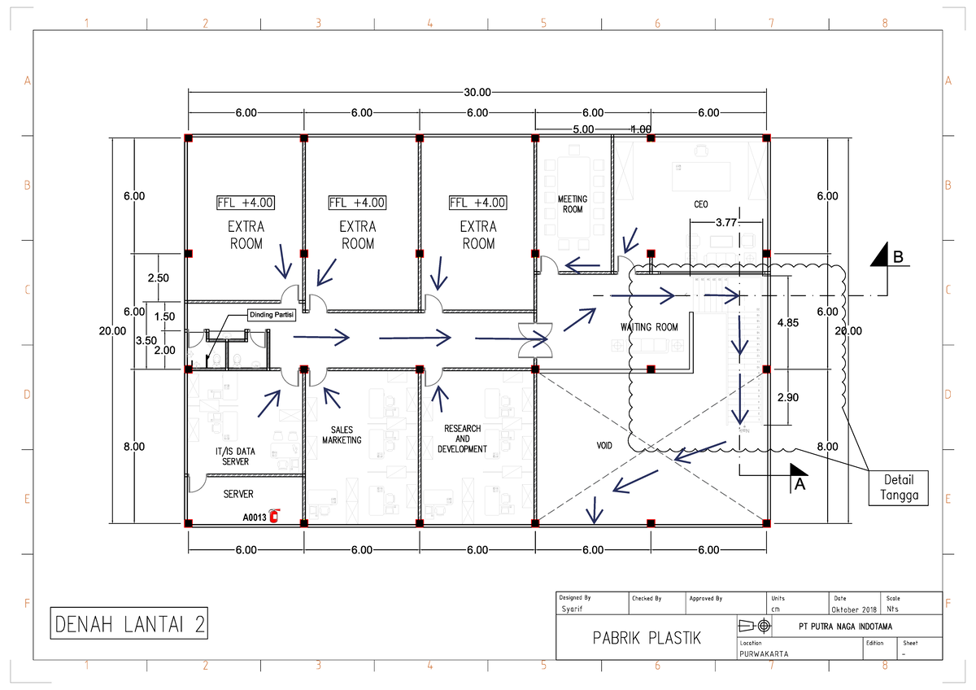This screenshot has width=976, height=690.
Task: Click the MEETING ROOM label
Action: point(573,204)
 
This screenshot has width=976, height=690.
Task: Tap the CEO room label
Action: point(700,204)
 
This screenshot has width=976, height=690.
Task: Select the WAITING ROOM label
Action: point(649,327)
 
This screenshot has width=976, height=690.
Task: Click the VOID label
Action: point(604,446)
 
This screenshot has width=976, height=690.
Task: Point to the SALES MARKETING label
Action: point(342,435)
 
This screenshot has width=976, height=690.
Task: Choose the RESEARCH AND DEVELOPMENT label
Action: point(462,439)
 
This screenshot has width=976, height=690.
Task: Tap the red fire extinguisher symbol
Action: point(273,515)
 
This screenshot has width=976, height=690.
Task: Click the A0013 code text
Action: point(254,517)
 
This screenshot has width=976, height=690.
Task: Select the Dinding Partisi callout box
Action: point(272,316)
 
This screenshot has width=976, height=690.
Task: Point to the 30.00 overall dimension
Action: point(477,93)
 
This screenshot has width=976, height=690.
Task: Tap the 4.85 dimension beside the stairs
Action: point(788,323)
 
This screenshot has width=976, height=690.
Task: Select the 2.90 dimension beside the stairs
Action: point(788,397)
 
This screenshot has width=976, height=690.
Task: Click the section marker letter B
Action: point(898,257)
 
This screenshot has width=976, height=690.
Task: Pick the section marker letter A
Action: point(799,483)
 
